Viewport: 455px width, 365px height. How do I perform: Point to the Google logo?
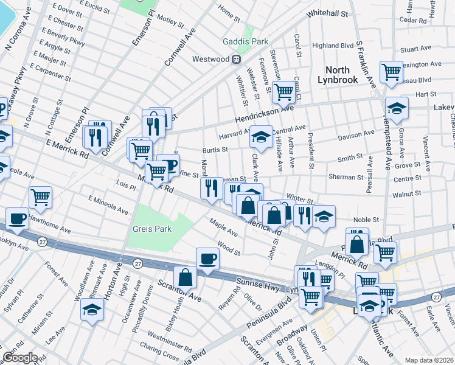point(19,358)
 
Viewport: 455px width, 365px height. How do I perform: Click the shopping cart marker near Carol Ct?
point(284,92)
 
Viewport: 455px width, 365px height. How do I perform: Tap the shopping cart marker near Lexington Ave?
point(391,72)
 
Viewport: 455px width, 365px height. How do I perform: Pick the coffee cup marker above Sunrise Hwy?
point(207,259)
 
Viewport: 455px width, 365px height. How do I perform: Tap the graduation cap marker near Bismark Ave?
point(92,309)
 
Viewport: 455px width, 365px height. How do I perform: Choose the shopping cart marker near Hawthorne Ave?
point(40,196)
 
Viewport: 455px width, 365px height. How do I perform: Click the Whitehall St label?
point(327,13)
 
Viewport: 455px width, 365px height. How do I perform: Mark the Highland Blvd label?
point(333,46)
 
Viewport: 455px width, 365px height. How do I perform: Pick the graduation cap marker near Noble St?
point(324,217)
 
